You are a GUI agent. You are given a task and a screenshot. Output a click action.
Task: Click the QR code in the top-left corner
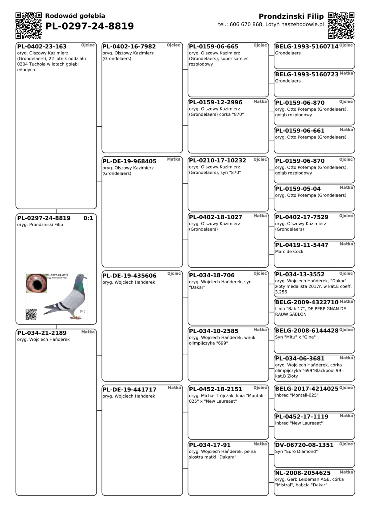pos(29,26)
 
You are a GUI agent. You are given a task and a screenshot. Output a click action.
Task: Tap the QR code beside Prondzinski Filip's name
pos(341,26)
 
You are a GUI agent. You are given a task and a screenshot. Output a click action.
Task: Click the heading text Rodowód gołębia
pos(75,16)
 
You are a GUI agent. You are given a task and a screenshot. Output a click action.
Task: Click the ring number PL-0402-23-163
pos(42,46)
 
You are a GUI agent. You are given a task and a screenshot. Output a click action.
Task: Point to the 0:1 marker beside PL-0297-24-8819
pos(88,218)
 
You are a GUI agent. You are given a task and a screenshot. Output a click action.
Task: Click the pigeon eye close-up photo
pos(36,283)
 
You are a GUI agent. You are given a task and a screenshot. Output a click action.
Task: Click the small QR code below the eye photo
pos(31,314)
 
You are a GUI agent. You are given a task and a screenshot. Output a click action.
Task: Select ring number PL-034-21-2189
pos(42,333)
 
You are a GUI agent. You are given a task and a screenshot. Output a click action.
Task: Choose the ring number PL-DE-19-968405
pos(129,161)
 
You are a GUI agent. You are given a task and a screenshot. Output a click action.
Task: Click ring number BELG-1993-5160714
pos(307,46)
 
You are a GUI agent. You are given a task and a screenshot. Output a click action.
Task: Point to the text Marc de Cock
pos(289,252)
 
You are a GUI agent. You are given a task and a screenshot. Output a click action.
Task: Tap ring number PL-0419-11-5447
pos(302,245)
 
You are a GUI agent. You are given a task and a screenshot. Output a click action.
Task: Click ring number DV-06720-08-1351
pos(304,445)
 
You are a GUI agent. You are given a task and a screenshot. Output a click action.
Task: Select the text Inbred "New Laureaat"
pos(299,423)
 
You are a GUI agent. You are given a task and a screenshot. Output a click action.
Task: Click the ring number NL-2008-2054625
pos(303,473)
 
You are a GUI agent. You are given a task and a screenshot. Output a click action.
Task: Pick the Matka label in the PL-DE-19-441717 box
pos(174,388)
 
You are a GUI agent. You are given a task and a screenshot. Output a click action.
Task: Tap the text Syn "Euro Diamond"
pos(296,452)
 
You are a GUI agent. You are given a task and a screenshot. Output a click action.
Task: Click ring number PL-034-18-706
pos(212,275)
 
